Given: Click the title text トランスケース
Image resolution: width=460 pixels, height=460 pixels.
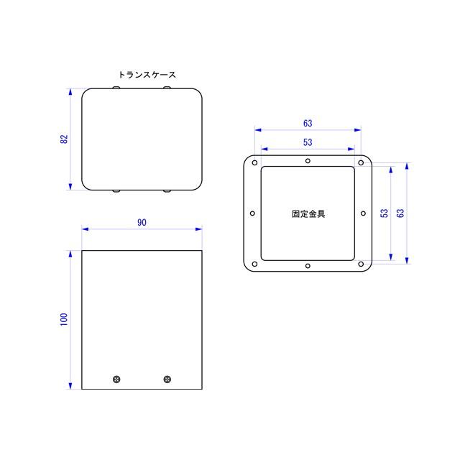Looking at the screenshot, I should [x=147, y=75].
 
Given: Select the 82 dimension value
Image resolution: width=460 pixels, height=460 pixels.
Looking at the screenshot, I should [x=64, y=139].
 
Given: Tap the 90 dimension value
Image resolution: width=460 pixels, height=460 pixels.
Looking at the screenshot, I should [x=142, y=223].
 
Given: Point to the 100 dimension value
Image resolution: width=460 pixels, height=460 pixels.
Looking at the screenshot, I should [x=64, y=319].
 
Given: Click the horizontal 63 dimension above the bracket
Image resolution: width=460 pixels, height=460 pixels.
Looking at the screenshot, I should [x=308, y=124].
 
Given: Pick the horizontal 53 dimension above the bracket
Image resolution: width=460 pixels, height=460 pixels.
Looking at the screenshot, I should [x=308, y=142].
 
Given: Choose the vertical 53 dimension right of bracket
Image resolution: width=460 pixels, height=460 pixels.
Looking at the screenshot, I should [x=385, y=213].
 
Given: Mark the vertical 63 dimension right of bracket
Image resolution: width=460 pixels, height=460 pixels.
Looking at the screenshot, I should [x=401, y=213].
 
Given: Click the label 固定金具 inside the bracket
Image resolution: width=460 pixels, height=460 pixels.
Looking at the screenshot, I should [x=308, y=213].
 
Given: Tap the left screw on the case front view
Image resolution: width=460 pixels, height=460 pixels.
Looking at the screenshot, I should [x=117, y=379].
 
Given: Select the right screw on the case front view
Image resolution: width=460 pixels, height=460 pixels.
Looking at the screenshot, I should [x=167, y=379].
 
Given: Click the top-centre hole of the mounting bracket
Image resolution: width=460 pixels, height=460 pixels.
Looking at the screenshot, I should [x=308, y=161].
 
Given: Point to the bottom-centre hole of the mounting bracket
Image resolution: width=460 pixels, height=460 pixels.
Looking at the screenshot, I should [x=308, y=266].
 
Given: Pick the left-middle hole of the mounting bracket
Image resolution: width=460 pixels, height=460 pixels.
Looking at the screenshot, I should [x=252, y=213].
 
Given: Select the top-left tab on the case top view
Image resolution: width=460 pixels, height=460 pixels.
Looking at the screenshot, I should [x=117, y=88].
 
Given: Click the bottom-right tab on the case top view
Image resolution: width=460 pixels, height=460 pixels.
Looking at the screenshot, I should [x=167, y=191].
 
